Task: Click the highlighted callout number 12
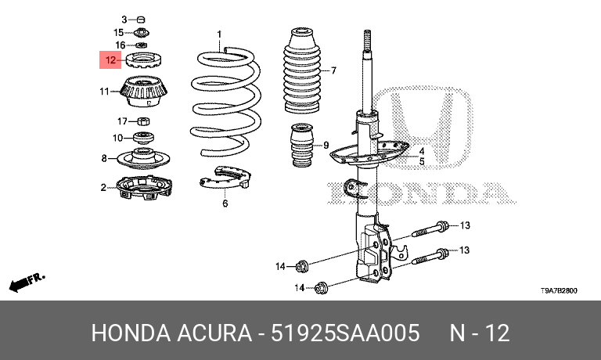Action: [110, 59]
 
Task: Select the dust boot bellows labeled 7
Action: [301, 70]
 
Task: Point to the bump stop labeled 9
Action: [302, 146]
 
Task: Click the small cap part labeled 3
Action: [141, 19]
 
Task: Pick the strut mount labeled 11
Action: [144, 92]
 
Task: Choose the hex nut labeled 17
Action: [143, 121]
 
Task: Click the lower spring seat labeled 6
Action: [225, 178]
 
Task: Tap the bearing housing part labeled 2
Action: [144, 188]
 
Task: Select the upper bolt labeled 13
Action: [430, 229]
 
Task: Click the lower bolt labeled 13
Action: [430, 256]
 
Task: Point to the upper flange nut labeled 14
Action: [302, 265]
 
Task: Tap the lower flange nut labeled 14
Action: [321, 287]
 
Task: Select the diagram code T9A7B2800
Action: [559, 290]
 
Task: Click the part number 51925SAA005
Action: [345, 333]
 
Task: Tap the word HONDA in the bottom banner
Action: [131, 333]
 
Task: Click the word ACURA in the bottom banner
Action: [214, 333]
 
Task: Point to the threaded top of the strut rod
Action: [367, 40]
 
